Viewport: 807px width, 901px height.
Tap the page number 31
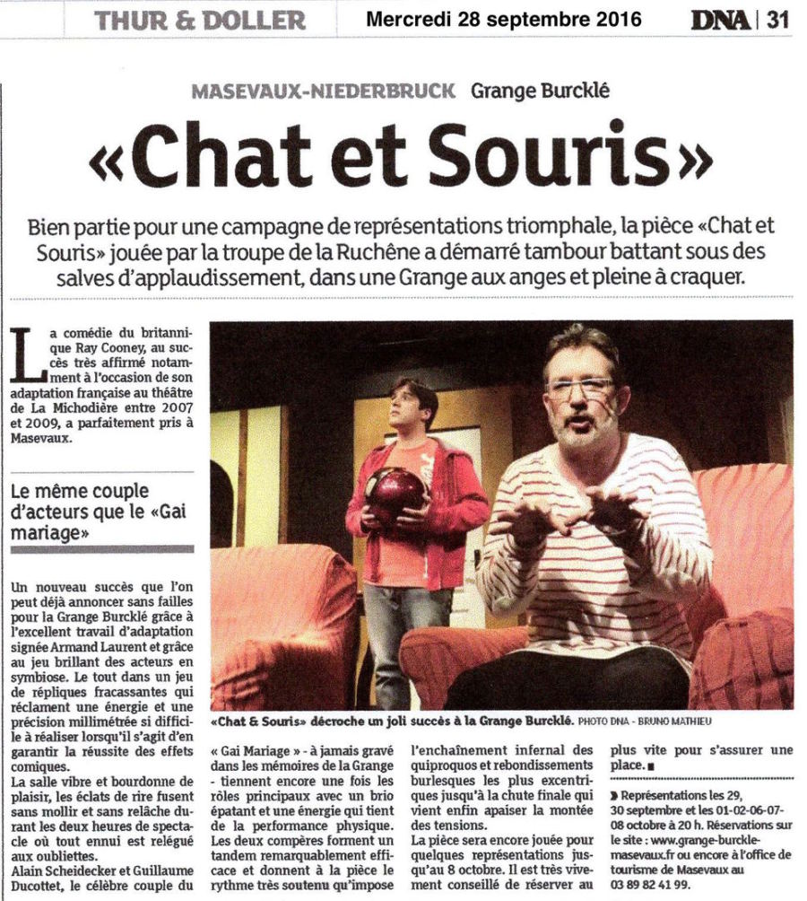click(777, 20)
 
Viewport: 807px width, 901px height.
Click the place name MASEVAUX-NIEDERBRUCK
click(324, 90)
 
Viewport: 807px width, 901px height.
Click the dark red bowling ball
click(395, 491)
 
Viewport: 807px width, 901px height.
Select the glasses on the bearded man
click(580, 389)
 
